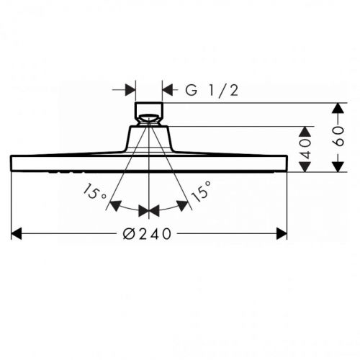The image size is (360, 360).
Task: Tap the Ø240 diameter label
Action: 149,234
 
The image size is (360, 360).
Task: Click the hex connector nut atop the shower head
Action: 149,114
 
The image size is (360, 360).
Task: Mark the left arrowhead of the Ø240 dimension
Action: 17,234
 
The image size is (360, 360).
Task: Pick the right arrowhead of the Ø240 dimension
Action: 282,234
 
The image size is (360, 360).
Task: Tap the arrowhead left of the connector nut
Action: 130,90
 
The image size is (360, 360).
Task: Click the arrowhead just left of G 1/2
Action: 168,90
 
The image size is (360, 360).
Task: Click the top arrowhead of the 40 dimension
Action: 306,132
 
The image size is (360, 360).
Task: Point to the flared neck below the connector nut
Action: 149,137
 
